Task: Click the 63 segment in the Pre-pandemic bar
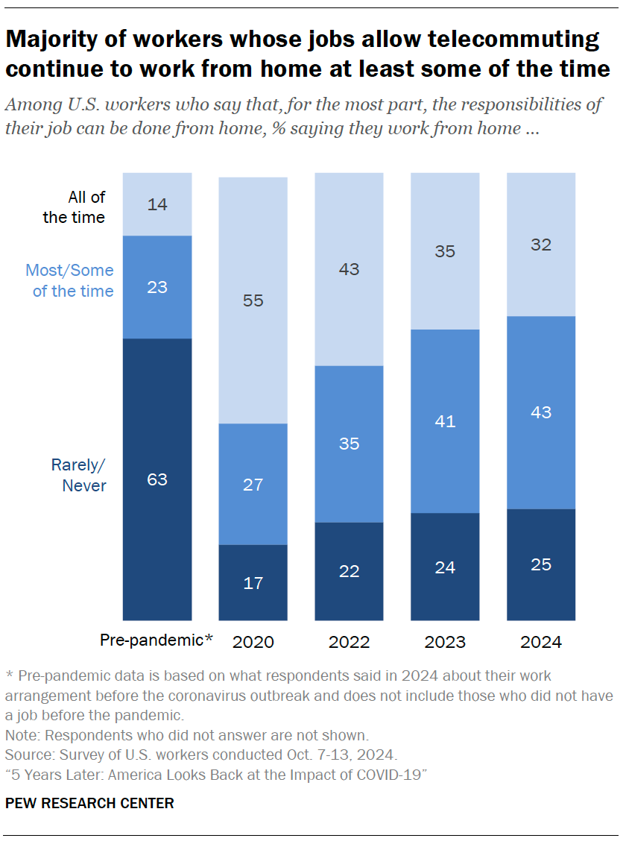(x=157, y=479)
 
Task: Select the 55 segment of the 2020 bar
(x=253, y=300)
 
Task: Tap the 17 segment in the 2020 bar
(x=253, y=582)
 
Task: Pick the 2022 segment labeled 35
(x=349, y=444)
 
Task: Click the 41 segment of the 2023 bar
(x=445, y=421)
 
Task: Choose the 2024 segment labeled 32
(x=541, y=245)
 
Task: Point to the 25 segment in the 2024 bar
(x=541, y=564)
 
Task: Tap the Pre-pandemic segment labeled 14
(x=157, y=204)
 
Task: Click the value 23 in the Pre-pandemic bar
(x=157, y=287)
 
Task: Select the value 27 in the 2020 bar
(x=253, y=484)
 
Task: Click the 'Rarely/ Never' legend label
(x=78, y=475)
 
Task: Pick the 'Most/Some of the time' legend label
(x=70, y=280)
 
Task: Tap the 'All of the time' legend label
(x=75, y=207)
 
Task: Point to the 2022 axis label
(x=349, y=641)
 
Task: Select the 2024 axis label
(x=541, y=641)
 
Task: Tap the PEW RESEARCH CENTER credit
(x=89, y=803)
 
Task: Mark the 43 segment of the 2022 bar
(x=349, y=269)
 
